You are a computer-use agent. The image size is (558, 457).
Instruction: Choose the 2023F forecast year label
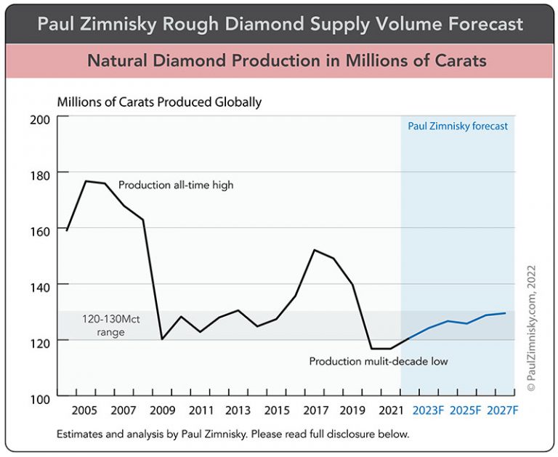pyautogui.click(x=428, y=411)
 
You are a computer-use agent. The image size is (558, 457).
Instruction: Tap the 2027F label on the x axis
pyautogui.click(x=504, y=411)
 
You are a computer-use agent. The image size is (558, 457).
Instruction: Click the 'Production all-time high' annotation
pyautogui.click(x=176, y=185)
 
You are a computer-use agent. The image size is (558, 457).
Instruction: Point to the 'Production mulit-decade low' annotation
pyautogui.click(x=379, y=361)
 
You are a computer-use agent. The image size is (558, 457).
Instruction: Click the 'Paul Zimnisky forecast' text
pyautogui.click(x=458, y=126)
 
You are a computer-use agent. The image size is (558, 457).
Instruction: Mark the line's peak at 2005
pyautogui.click(x=86, y=181)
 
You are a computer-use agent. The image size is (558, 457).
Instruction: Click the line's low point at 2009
pyautogui.click(x=161, y=339)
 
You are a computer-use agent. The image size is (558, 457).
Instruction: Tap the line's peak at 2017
pyautogui.click(x=314, y=250)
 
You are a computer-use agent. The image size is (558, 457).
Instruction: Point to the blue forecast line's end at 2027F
pyautogui.click(x=505, y=313)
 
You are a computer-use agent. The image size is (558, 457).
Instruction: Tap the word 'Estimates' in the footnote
pyautogui.click(x=79, y=434)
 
